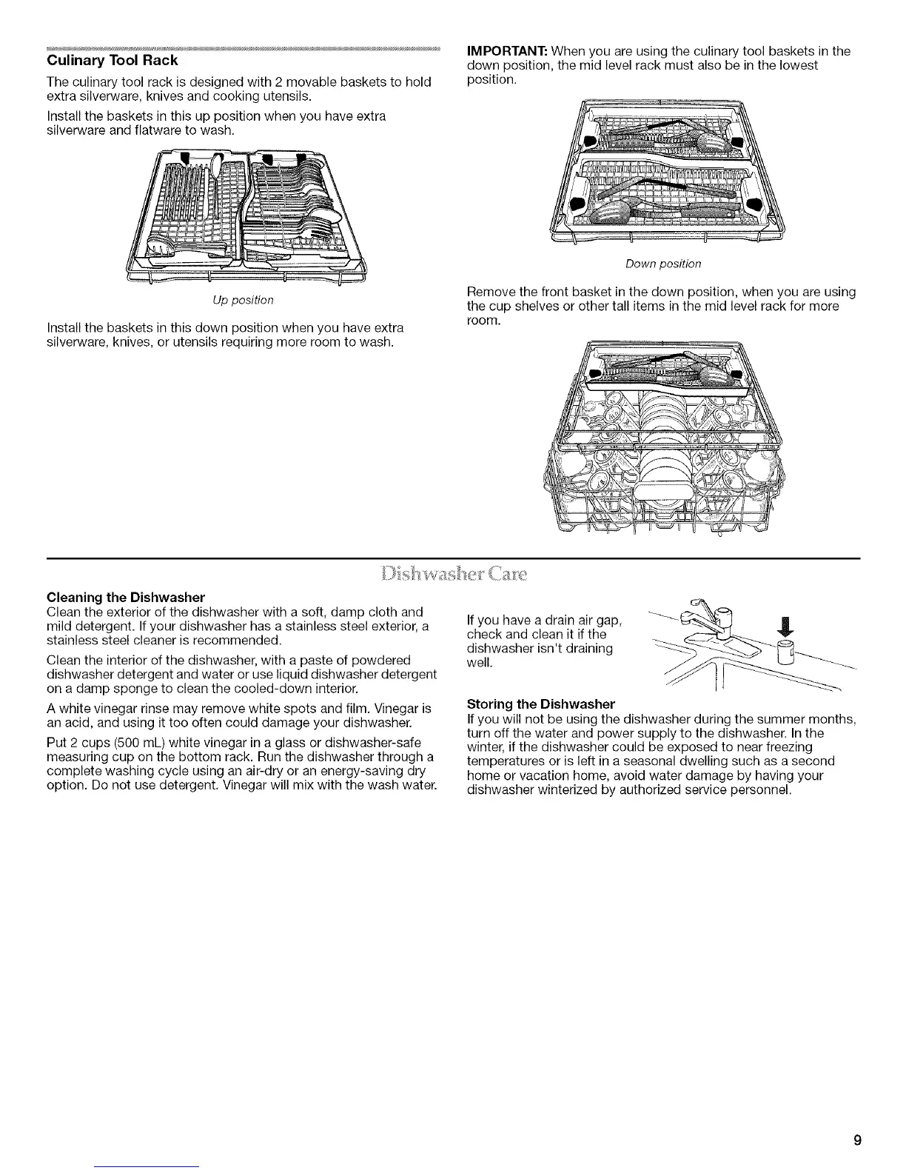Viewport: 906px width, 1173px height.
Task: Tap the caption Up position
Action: (243, 300)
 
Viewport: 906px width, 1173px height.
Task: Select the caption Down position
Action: (663, 264)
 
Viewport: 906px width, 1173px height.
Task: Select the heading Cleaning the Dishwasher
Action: (125, 597)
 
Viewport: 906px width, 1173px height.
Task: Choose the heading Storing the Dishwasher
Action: (541, 703)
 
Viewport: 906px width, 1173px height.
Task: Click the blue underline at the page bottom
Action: (147, 1166)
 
